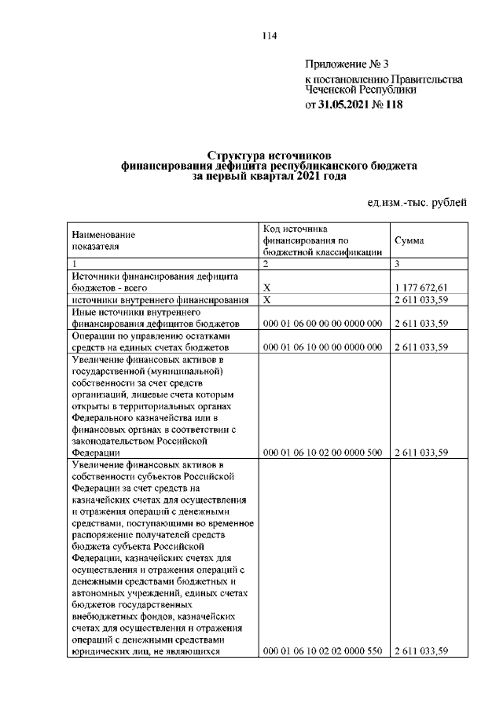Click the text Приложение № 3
(x=336, y=64)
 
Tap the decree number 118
(x=391, y=104)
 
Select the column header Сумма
(x=409, y=240)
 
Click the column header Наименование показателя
(x=103, y=240)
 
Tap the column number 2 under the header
(x=266, y=262)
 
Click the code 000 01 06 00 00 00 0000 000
(x=322, y=323)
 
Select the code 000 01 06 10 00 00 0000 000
(x=322, y=346)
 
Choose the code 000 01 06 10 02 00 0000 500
(x=322, y=452)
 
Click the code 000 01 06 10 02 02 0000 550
(x=322, y=651)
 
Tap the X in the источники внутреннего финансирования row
(x=266, y=300)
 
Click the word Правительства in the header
(x=426, y=79)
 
